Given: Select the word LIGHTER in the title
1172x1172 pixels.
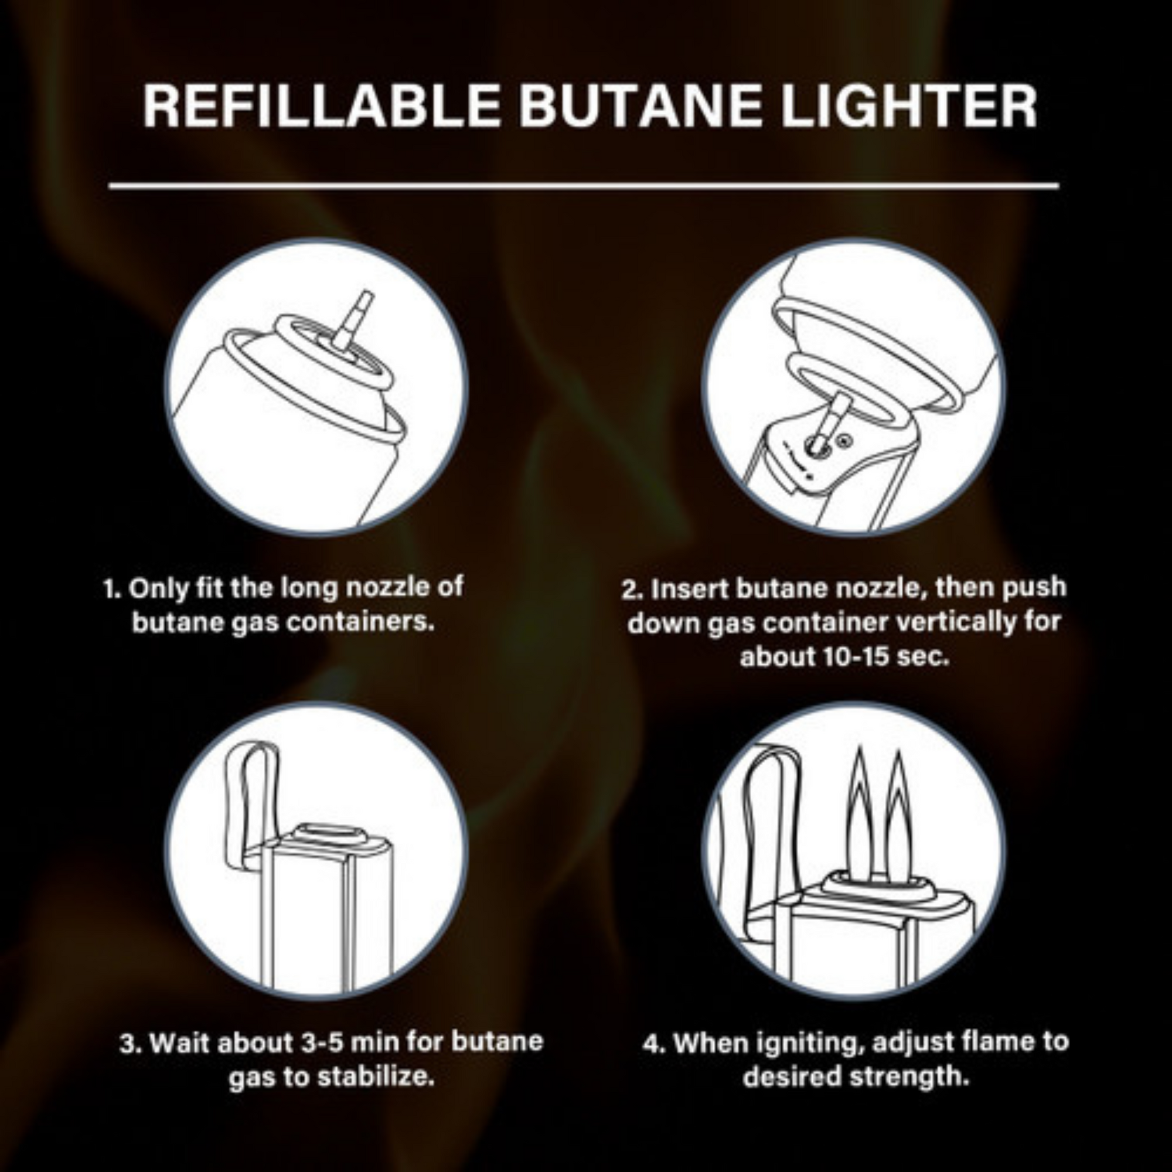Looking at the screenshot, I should click(908, 106).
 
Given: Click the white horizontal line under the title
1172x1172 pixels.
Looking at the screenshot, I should click(584, 186).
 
